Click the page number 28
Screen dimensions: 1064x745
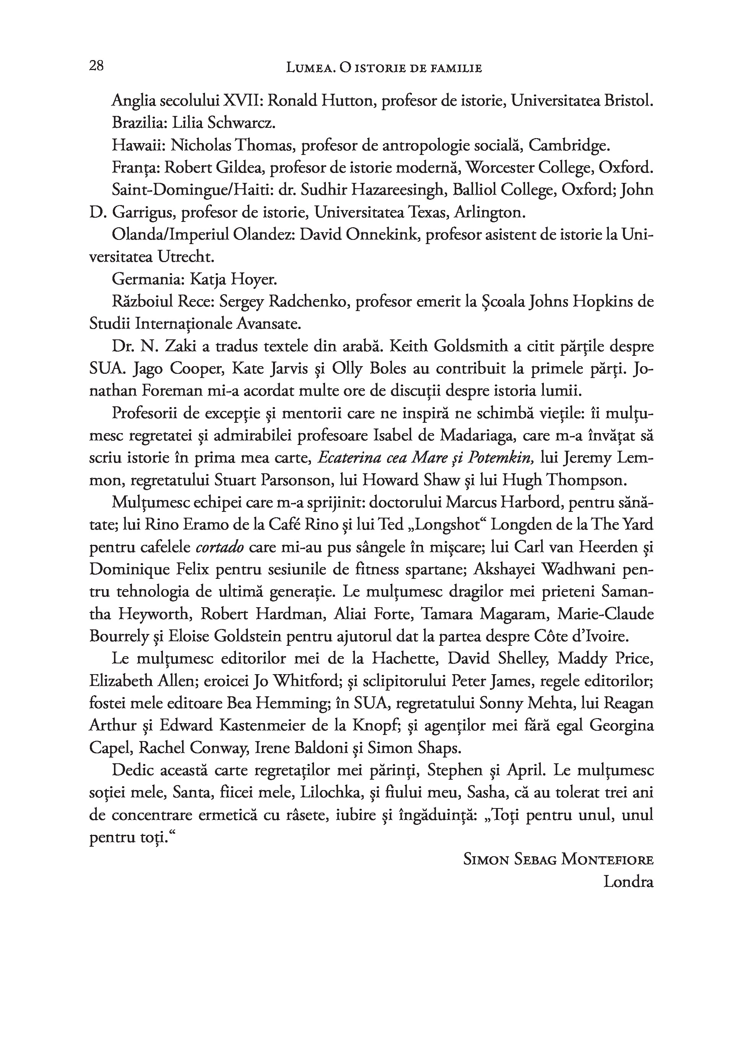pyautogui.click(x=96, y=66)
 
